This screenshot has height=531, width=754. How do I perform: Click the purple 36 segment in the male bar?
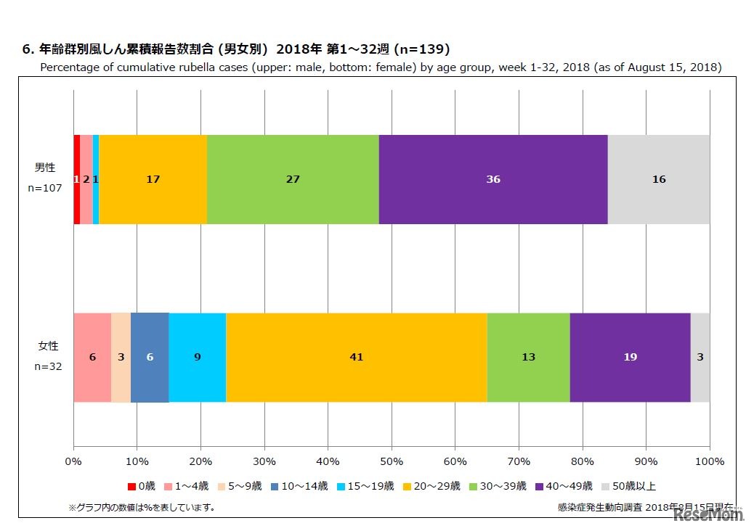(492, 179)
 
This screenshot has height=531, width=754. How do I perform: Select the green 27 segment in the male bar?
(293, 179)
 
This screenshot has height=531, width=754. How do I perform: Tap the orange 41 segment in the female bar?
(356, 358)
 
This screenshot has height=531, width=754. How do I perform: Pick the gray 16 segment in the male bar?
(658, 179)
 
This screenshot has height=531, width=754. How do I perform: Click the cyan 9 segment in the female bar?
(198, 358)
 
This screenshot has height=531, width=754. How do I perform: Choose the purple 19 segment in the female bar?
(630, 358)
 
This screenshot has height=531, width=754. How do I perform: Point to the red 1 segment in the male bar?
(76, 179)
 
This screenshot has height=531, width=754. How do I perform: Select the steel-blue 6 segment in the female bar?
(150, 358)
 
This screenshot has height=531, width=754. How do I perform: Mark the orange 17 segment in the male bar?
(153, 179)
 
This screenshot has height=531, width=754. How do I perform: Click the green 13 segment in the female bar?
(528, 358)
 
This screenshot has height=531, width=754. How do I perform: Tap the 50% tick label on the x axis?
(392, 461)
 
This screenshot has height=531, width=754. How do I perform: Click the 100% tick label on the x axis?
(710, 461)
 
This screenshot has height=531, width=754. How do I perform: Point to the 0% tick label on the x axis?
(73, 461)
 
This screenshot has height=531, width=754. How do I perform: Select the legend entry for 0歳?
(142, 486)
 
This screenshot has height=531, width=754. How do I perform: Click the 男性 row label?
(46, 168)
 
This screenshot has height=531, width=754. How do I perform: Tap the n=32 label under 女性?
(48, 366)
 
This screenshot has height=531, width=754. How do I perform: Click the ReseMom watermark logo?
(709, 514)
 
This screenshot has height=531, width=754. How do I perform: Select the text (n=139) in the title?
(421, 49)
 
